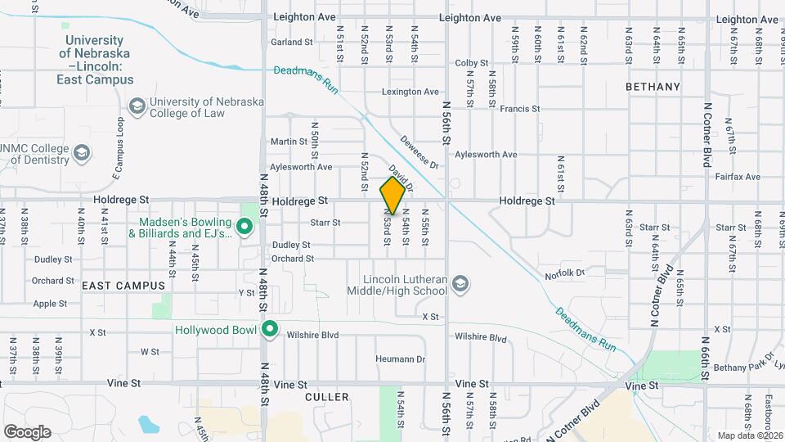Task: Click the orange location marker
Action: click(392, 195)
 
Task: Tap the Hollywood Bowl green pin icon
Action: click(270, 330)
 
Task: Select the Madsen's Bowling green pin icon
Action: click(244, 227)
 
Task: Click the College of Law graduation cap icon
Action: click(137, 106)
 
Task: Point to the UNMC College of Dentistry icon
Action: click(82, 153)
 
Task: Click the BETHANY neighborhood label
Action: click(653, 87)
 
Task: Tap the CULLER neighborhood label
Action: click(326, 397)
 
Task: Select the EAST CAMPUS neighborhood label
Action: click(123, 286)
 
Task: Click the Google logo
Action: click(27, 431)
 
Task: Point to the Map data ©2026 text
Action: click(749, 435)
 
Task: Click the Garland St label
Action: click(292, 43)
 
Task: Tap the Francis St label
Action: click(520, 108)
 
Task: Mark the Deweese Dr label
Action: click(419, 153)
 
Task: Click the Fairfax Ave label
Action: click(738, 177)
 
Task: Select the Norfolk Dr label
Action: click(565, 273)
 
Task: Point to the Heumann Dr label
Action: click(401, 359)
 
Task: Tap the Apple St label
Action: click(51, 304)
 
